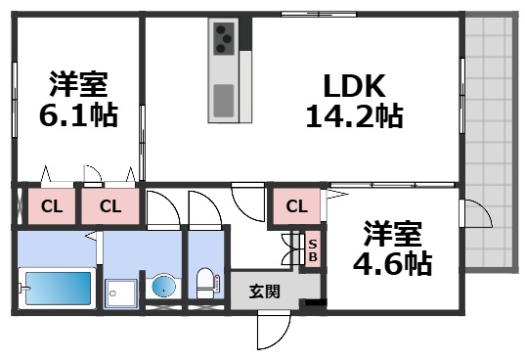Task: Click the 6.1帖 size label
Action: (79, 115)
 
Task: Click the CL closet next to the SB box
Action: (297, 206)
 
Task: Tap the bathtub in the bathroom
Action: (56, 289)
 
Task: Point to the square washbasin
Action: (122, 291)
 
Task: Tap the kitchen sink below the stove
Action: (223, 101)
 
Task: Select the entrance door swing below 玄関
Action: (273, 331)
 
